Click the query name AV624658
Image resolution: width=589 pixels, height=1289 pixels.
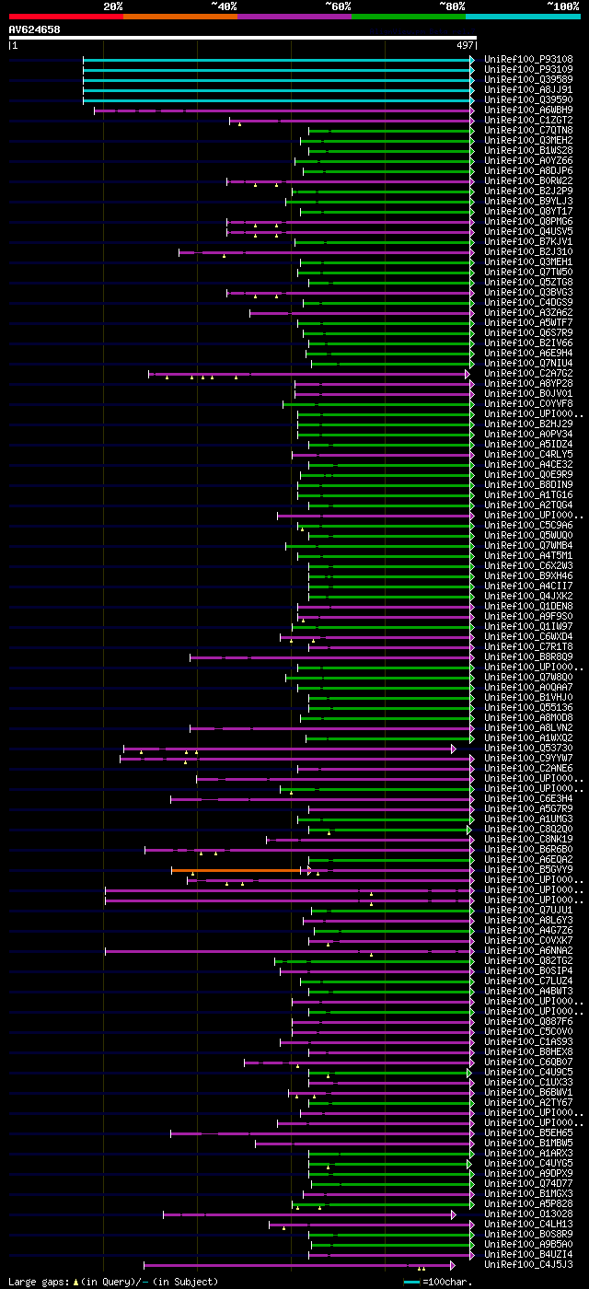34,29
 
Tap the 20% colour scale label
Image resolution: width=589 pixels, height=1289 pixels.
113,6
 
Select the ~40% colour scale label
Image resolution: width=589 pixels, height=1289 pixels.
224,6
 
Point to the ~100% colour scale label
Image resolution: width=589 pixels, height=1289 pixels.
562,6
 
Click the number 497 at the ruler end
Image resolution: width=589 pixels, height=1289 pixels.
464,45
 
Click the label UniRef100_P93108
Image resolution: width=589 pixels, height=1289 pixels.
528,60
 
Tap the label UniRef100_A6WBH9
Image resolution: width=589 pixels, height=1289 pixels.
528,110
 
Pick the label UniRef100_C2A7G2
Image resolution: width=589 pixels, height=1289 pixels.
528,374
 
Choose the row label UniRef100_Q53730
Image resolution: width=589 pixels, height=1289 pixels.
528,749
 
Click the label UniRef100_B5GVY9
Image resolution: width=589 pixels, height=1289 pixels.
528,870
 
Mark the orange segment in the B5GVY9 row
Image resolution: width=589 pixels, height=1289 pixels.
237,870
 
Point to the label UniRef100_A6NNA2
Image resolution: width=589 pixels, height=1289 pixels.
528,951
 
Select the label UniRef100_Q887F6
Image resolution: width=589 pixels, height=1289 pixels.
528,1022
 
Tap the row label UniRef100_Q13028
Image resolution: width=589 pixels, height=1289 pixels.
528,1214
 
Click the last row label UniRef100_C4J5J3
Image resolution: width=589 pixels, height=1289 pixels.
528,1265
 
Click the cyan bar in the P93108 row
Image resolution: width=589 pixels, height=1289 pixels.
276,60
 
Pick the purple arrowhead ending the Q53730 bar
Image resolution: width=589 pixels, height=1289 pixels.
454,749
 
